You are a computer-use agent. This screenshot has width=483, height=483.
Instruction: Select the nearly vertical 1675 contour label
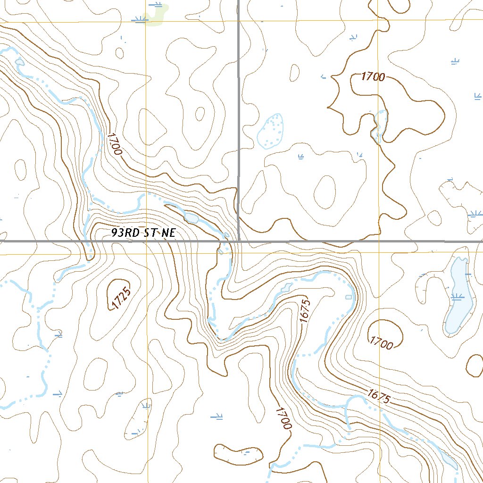click(305, 311)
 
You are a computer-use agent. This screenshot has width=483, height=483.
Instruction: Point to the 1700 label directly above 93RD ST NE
click(115, 144)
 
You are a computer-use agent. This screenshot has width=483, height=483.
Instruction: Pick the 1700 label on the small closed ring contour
click(382, 343)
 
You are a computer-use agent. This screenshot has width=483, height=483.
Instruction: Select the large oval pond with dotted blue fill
click(271, 131)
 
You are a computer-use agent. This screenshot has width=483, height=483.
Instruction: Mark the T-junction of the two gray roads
click(239, 241)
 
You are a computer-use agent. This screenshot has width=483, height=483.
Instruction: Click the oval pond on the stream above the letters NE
click(192, 218)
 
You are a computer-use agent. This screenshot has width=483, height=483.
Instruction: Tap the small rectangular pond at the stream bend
click(348, 297)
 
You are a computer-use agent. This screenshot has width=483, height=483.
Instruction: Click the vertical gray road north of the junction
click(239, 118)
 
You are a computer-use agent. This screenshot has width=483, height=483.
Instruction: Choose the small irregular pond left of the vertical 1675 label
click(285, 288)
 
